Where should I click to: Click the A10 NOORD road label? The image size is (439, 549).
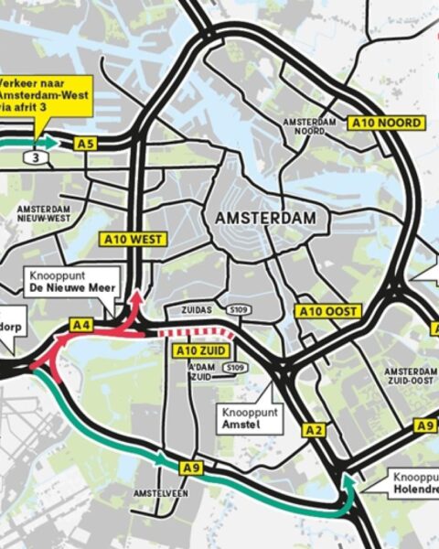[x=387, y=123]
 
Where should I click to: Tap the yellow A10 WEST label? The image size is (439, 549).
[x=132, y=240]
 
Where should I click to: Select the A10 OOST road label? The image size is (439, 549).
[x=327, y=312]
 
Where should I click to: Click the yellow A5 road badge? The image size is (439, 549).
[x=86, y=144]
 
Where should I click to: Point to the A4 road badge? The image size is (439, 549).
[x=80, y=324]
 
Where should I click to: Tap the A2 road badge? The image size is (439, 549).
[x=315, y=430]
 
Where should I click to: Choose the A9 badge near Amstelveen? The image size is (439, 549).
[x=191, y=468]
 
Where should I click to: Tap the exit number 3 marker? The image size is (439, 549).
[x=37, y=157]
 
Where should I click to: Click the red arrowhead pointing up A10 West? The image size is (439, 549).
[x=138, y=297]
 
